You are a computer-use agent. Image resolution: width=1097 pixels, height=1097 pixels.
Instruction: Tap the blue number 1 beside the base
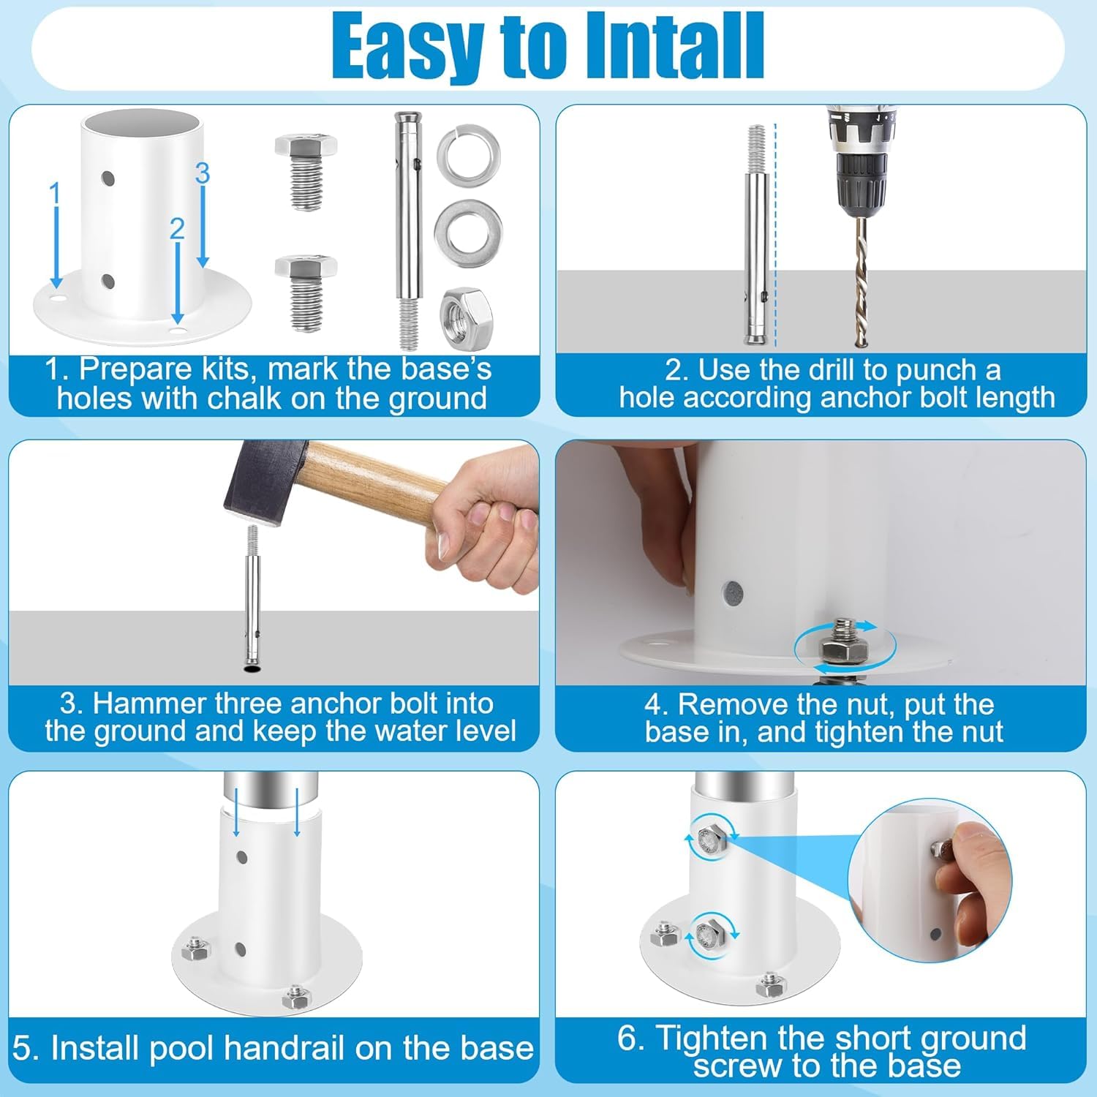point(54,194)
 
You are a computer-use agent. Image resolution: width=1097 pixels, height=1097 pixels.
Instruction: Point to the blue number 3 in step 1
point(203,173)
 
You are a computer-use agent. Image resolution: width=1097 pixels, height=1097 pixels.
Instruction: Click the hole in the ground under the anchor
point(251,668)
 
